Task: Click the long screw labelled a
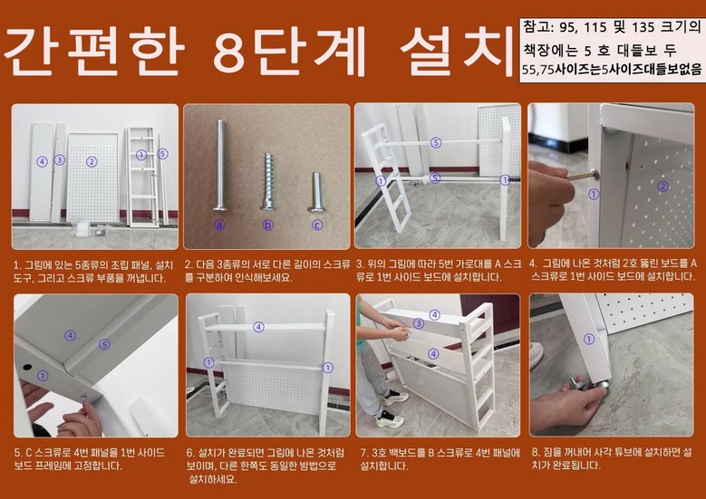point(220,165)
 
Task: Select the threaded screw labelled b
point(267,181)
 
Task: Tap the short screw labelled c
point(316,192)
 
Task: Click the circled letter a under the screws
point(219,224)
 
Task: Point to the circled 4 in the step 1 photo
point(42,161)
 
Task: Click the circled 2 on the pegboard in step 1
point(92,161)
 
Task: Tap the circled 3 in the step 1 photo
point(60,159)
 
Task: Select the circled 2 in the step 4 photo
point(662,186)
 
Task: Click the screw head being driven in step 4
point(595,174)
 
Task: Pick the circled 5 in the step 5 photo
point(104,345)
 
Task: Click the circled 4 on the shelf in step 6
point(258,327)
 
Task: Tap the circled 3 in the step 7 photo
point(419,323)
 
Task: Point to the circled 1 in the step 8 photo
point(589,340)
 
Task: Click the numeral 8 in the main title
point(231,52)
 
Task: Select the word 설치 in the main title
point(457,52)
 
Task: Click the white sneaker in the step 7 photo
point(389,419)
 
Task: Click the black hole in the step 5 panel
point(27,367)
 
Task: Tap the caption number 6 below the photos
point(190,452)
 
